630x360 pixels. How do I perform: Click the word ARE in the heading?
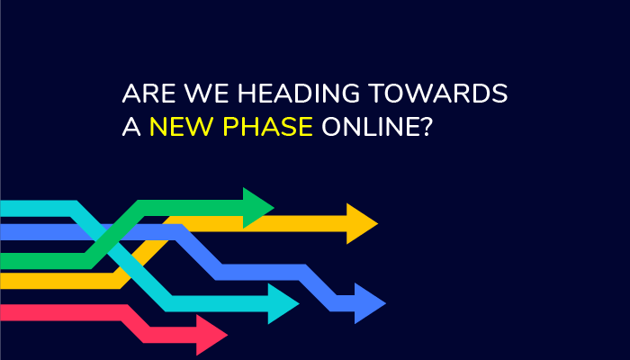coord(148,94)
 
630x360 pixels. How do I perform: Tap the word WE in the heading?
coord(206,94)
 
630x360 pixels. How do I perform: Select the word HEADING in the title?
coord(299,94)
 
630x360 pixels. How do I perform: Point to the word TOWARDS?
coord(438,94)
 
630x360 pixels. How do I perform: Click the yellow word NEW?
coord(181,127)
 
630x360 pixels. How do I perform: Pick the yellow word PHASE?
coord(267,127)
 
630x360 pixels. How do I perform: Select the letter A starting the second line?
coord(131,127)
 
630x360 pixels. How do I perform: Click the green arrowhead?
coord(257,208)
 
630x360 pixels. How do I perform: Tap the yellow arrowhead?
coord(361,223)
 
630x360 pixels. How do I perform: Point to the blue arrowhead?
coord(369,303)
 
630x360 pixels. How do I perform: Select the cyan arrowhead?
coord(283,304)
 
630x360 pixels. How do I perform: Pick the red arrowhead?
coord(211,335)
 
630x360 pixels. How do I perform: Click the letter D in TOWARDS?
coord(480,94)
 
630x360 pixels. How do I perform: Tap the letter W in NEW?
coord(199,127)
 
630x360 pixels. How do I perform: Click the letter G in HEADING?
coord(350,94)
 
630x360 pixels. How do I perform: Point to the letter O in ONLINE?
coord(331,127)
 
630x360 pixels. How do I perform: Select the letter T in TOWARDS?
coord(376,94)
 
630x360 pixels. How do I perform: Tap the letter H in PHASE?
coord(249,127)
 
